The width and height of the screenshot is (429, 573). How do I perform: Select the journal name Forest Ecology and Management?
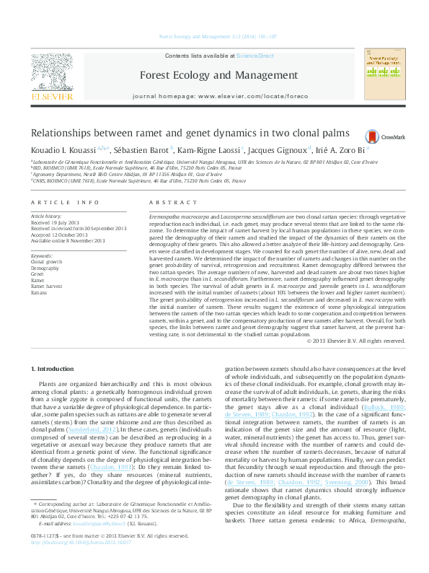coord(218,75)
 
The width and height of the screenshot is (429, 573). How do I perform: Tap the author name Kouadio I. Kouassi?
coord(62,150)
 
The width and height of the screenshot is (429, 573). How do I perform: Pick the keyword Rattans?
coord(39,294)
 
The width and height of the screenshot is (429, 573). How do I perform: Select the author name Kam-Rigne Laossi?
coord(212,150)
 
